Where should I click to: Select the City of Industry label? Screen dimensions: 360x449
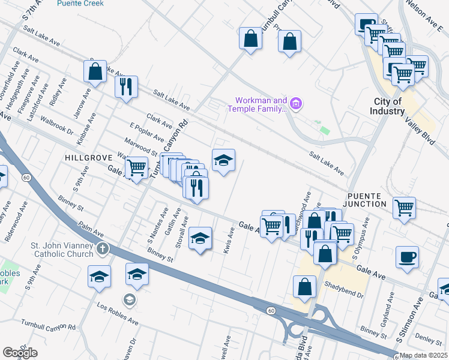click(x=388, y=106)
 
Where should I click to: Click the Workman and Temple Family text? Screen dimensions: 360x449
click(x=256, y=104)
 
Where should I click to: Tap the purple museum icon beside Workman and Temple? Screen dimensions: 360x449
click(x=295, y=104)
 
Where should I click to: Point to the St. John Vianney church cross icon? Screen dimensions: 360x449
click(x=103, y=248)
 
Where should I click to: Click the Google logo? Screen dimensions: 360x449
click(x=20, y=353)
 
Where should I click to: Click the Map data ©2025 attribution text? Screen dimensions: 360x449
click(x=424, y=355)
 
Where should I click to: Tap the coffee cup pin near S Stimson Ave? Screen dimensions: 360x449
click(x=408, y=257)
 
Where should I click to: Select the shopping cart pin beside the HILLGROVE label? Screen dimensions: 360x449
click(x=137, y=167)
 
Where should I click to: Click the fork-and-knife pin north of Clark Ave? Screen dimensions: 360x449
click(x=126, y=87)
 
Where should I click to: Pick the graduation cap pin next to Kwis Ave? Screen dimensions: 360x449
click(x=200, y=239)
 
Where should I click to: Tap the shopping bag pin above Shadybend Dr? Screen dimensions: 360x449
click(x=305, y=287)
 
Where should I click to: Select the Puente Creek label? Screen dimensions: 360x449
click(x=77, y=3)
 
